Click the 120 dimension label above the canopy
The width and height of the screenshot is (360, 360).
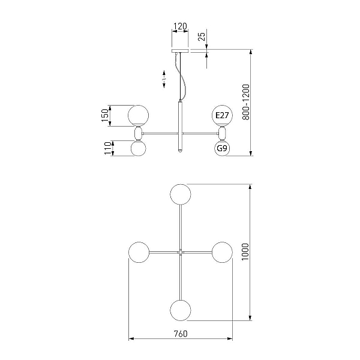pyautogui.click(x=180, y=26)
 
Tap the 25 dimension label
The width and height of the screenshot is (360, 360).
pyautogui.click(x=202, y=37)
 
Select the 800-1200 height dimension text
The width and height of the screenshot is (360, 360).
pyautogui.click(x=245, y=102)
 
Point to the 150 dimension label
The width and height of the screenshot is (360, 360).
pyautogui.click(x=104, y=115)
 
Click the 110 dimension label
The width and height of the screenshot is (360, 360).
pyautogui.click(x=107, y=148)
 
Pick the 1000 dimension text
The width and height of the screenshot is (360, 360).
pyautogui.click(x=245, y=252)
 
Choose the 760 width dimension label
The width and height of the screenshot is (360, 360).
pyautogui.click(x=181, y=334)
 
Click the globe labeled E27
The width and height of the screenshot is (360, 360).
pyautogui.click(x=222, y=115)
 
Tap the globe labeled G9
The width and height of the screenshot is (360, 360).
pyautogui.click(x=222, y=148)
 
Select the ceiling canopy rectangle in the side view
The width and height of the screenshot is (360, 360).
pyautogui.click(x=180, y=51)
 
